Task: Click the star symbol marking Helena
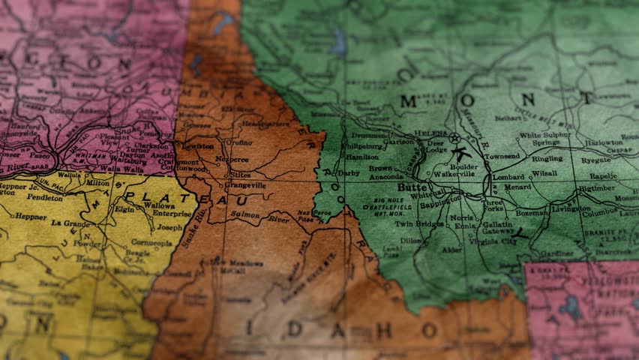click(454, 137)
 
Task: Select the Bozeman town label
click(532, 214)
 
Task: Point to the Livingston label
click(571, 209)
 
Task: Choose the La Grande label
click(69, 223)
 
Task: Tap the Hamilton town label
click(362, 156)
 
